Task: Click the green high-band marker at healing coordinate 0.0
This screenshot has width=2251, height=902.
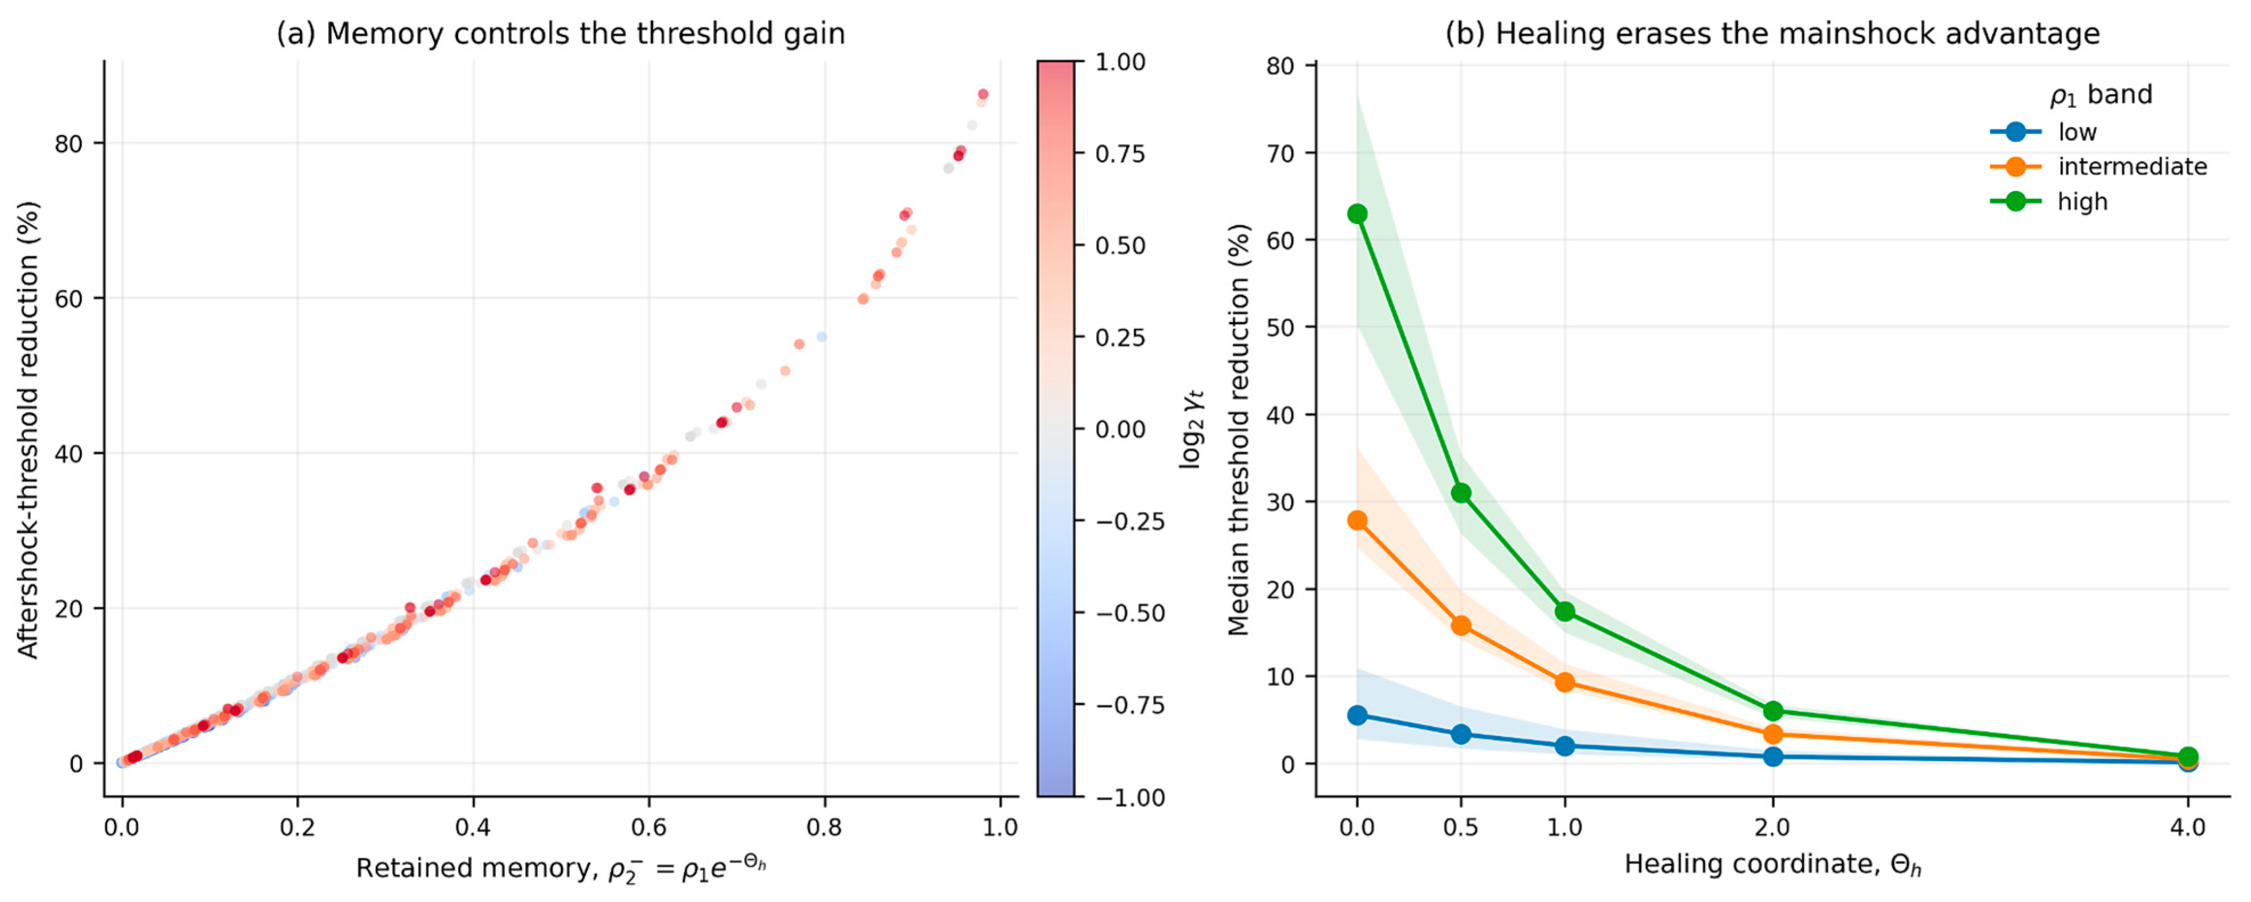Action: pos(1357,214)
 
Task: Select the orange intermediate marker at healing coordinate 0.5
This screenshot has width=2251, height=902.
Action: pos(1461,626)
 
